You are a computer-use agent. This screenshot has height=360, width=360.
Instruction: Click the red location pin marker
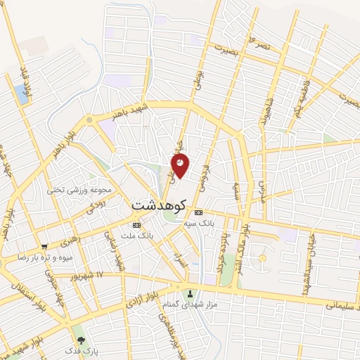(180, 165)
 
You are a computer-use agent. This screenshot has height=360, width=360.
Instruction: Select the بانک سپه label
(198, 223)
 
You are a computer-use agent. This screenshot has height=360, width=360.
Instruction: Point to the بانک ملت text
(137, 236)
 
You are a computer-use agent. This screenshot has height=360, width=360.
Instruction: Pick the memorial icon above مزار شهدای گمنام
(188, 293)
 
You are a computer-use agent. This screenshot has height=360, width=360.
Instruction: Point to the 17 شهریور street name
(90, 274)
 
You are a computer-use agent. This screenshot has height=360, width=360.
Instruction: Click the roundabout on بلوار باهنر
(89, 121)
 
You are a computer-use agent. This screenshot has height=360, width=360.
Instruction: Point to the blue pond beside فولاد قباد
(21, 95)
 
